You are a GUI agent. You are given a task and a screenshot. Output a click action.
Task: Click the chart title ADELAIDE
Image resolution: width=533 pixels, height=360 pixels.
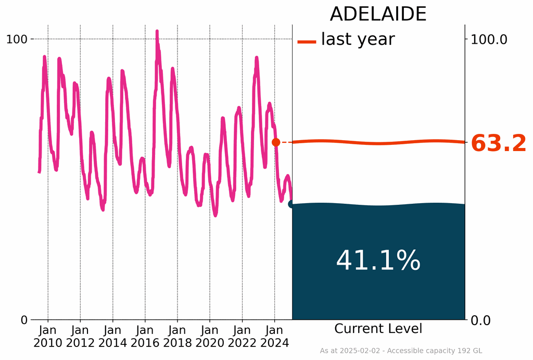point(378,14)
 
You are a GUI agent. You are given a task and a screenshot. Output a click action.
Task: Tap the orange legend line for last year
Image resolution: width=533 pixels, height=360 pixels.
point(307,42)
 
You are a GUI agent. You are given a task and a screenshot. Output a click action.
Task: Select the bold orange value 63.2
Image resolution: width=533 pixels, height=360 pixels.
point(499,144)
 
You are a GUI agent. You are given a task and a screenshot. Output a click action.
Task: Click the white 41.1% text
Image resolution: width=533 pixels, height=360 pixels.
point(378,261)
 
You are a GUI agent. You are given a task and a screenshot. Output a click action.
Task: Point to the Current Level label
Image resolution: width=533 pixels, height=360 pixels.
point(378,329)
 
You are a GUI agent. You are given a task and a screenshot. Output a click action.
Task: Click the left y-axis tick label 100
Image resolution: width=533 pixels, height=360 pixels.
point(17,39)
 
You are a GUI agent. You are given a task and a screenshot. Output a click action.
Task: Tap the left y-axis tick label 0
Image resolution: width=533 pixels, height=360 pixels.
point(24,320)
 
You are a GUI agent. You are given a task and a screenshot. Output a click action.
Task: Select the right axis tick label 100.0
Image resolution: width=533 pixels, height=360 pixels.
point(489,39)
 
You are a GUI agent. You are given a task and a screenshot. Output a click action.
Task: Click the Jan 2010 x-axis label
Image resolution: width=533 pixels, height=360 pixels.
point(48,337)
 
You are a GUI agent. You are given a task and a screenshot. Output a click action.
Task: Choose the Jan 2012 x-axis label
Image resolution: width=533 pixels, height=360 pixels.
point(80,337)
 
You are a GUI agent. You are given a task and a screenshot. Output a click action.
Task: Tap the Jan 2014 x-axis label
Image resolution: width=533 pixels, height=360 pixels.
point(112,337)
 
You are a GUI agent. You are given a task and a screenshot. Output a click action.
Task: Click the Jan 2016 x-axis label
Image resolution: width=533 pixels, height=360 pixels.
point(145,337)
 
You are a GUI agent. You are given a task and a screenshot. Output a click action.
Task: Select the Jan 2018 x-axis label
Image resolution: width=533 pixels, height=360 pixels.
point(177,337)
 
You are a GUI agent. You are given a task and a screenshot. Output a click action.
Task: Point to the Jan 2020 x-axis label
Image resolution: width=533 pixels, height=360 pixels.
point(210,337)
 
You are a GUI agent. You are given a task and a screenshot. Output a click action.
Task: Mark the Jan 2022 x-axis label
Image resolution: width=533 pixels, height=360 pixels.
point(242,337)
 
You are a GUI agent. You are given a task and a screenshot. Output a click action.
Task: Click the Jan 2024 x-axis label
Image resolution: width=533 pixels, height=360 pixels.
point(274,337)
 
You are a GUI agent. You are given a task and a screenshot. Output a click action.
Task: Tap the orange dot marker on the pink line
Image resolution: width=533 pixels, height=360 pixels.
point(276,142)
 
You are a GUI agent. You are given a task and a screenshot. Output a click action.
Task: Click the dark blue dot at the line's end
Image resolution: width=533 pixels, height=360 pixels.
point(292,204)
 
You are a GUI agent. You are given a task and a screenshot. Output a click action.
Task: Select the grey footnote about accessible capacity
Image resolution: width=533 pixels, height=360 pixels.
point(401,351)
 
